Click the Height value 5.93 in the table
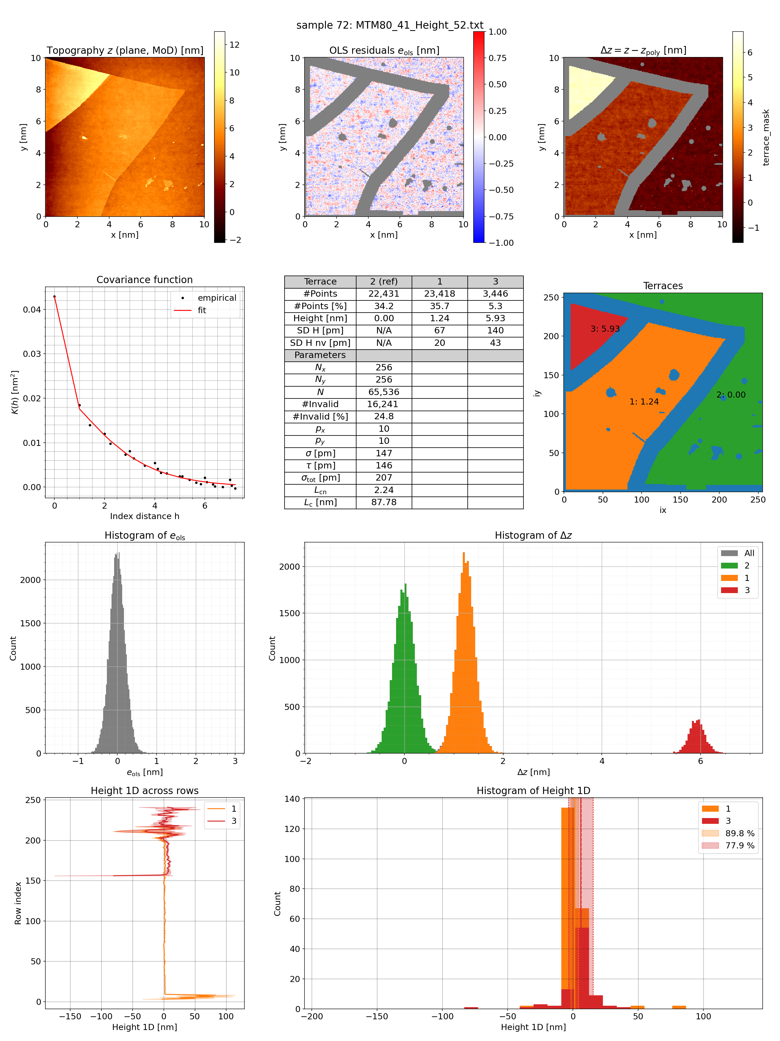coord(495,318)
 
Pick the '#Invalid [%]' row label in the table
coord(320,416)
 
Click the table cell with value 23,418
coord(439,294)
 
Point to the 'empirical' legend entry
coord(217,298)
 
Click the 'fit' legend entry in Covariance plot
coord(202,310)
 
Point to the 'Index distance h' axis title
coord(144,516)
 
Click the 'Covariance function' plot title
coord(144,280)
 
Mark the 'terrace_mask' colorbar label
coord(766,137)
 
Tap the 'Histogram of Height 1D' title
coord(533,791)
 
